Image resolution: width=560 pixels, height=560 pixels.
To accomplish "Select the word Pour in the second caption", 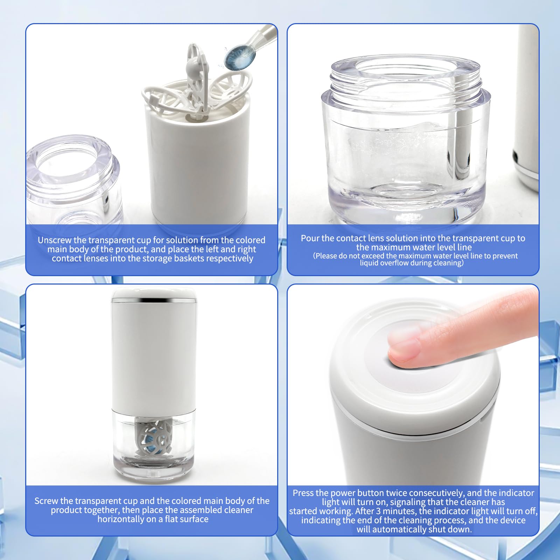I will [309, 238].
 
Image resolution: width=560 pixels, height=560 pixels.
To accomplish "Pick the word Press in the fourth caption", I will [303, 493].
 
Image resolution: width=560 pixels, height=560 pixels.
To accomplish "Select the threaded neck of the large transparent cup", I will [406, 80].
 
